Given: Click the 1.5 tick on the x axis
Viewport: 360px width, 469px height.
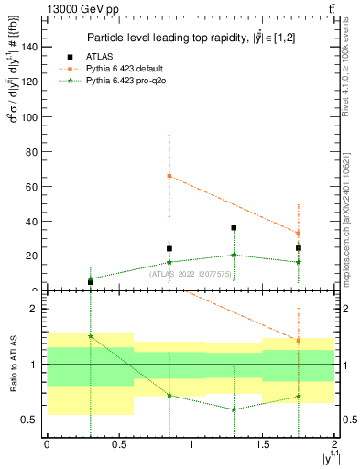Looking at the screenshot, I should pos(262,444).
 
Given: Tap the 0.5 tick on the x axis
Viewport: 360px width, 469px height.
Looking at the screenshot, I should pos(118,444).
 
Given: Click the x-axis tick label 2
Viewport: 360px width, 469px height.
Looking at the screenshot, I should pos(334,444).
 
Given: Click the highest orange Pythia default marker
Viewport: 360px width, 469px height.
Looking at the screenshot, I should pos(169,176).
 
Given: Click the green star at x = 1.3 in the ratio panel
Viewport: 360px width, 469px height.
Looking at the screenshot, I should pos(235,409).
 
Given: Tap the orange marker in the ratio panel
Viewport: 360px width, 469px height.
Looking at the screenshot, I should pos(299,341).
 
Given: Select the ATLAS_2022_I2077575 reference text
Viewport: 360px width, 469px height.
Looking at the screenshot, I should pos(191,274).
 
